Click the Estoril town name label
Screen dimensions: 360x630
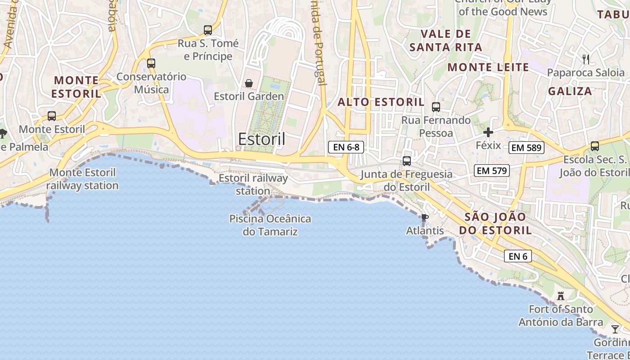261,139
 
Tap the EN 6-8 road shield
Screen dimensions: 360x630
346,147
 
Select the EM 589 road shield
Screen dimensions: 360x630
526,147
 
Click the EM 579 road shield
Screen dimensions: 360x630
491,171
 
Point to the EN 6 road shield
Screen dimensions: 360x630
517,256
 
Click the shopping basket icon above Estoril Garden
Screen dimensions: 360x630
248,83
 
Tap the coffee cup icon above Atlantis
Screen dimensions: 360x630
424,218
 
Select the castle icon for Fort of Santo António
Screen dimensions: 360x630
561,296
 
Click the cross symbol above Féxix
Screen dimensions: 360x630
488,132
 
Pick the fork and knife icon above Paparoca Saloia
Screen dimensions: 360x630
586,59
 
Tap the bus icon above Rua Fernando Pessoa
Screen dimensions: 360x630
436,107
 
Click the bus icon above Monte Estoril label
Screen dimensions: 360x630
52,116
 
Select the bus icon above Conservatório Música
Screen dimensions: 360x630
151,63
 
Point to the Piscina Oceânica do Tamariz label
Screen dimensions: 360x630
270,225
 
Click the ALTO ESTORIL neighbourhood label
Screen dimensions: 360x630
381,102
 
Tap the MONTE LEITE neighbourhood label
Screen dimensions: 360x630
488,67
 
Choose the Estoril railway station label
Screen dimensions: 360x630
253,184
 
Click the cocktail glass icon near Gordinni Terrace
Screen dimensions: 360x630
615,329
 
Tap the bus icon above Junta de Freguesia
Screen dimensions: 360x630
407,161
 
